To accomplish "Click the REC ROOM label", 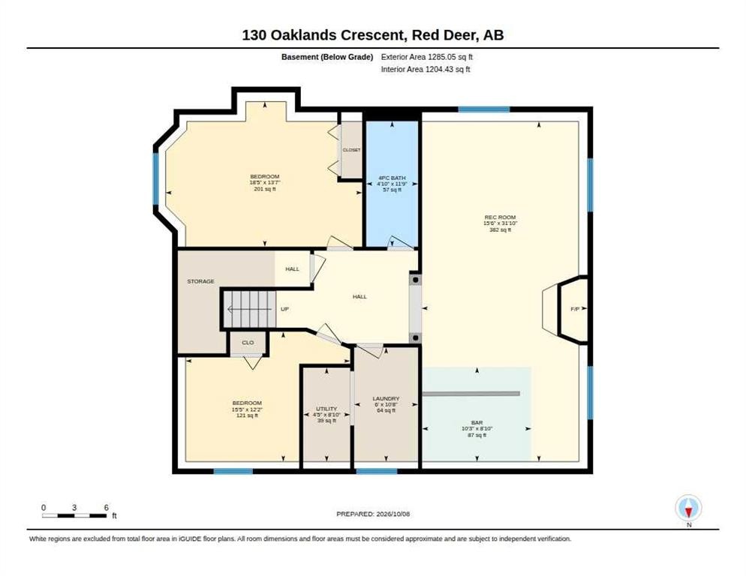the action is pyautogui.click(x=500, y=217).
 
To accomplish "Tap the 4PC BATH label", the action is pyautogui.click(x=392, y=178).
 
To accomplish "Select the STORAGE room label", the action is pyautogui.click(x=201, y=281).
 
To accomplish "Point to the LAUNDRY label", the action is pyautogui.click(x=386, y=398).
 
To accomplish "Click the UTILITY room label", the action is pyautogui.click(x=326, y=409).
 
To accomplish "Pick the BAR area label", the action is pyautogui.click(x=477, y=422).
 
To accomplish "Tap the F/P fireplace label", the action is pyautogui.click(x=575, y=309).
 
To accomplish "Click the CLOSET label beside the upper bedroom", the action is pyautogui.click(x=351, y=150).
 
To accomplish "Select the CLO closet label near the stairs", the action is pyautogui.click(x=248, y=343).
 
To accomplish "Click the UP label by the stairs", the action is pyautogui.click(x=284, y=309).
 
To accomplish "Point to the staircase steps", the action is pyautogui.click(x=250, y=309).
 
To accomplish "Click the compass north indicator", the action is pyautogui.click(x=688, y=508).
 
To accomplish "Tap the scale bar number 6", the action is pyautogui.click(x=106, y=508).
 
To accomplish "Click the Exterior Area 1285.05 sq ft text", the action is pyautogui.click(x=427, y=56).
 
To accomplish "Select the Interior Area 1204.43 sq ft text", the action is pyautogui.click(x=426, y=69).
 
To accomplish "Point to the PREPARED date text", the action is pyautogui.click(x=373, y=514).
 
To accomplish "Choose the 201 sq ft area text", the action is pyautogui.click(x=265, y=189).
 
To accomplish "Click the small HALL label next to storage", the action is pyautogui.click(x=292, y=269).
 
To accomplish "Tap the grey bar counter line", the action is pyautogui.click(x=471, y=394).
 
